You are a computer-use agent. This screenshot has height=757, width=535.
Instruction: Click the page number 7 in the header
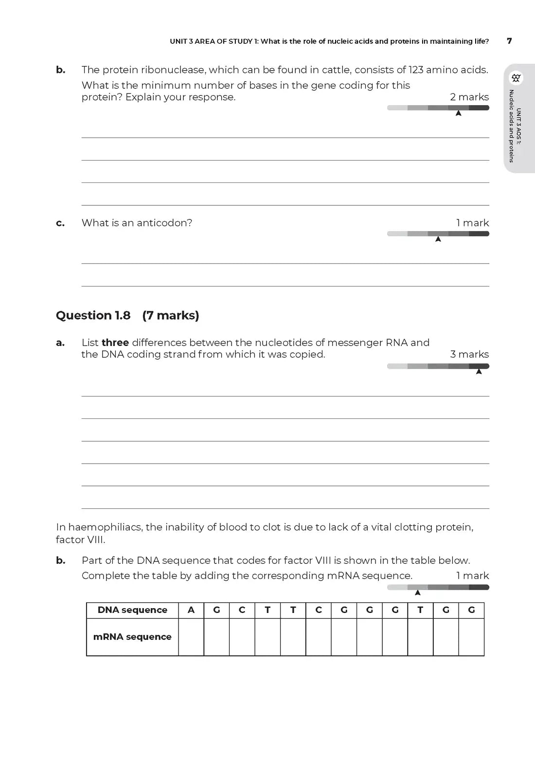point(509,41)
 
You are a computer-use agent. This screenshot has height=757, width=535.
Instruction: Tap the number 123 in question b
point(416,70)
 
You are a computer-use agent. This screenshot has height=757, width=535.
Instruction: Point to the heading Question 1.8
point(93,315)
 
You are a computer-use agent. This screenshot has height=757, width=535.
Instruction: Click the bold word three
point(115,342)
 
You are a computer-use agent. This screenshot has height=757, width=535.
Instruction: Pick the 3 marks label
point(469,354)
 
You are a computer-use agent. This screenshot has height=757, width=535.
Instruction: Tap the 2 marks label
point(469,97)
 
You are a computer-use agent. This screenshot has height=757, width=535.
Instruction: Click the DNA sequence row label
point(132,610)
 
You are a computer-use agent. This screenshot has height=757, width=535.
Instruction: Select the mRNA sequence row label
point(132,637)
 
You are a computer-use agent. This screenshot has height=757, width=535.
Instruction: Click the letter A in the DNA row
point(191,610)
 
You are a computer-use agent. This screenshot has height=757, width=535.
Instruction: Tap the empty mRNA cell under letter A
point(191,637)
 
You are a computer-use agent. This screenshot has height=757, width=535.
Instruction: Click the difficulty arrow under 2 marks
point(458,113)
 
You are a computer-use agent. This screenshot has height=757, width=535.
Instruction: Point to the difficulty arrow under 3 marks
point(479,372)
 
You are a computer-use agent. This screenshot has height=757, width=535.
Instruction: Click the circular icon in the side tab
point(517,78)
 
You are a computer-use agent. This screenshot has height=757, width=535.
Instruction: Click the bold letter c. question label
point(60,223)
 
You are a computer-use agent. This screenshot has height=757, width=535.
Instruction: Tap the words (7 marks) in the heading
point(171,315)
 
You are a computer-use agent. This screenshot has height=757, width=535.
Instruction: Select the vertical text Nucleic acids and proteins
point(512,126)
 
